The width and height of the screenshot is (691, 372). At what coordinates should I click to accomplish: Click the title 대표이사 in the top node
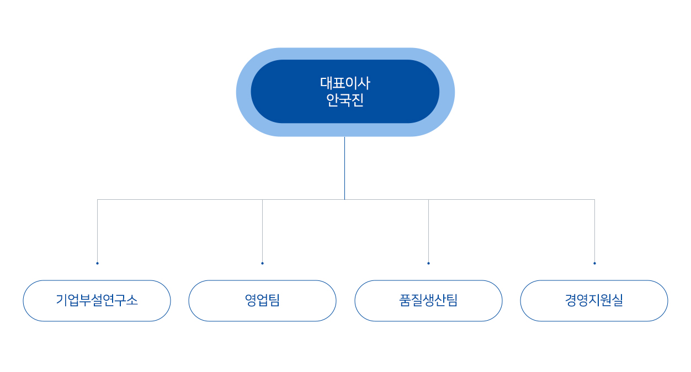[x=345, y=83]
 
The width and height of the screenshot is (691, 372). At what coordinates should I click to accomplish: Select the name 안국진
[x=345, y=100]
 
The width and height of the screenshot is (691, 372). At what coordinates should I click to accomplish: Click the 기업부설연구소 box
[x=97, y=301]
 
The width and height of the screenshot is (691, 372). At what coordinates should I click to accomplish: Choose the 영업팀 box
[x=262, y=301]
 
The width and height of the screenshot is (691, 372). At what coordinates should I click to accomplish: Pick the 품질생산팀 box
[x=428, y=301]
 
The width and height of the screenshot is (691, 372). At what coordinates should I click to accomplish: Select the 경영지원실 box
[x=594, y=301]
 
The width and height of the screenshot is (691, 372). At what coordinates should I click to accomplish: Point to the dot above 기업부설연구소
[x=98, y=263]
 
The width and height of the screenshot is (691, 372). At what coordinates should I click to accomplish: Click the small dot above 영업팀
[x=263, y=263]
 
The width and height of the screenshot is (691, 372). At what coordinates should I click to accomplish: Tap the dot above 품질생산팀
[x=428, y=263]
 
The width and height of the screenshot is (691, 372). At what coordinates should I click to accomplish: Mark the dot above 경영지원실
[x=595, y=263]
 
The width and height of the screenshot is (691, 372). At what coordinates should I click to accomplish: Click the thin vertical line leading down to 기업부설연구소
[x=98, y=231]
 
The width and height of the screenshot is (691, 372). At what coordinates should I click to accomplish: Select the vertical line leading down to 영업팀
[x=263, y=231]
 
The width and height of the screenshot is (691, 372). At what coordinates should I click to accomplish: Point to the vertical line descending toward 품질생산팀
[x=428, y=231]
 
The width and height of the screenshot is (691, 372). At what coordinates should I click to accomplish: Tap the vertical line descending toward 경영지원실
[x=595, y=231]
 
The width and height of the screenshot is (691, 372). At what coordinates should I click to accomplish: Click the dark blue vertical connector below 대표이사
[x=344, y=168]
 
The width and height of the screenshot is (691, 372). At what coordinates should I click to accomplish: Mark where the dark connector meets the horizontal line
[x=344, y=200]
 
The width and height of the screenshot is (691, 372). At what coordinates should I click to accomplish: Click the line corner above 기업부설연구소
[x=98, y=200]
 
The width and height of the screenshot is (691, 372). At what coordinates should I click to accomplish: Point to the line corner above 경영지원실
[x=595, y=200]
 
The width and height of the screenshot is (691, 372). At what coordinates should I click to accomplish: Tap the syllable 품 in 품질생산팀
[x=405, y=300]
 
